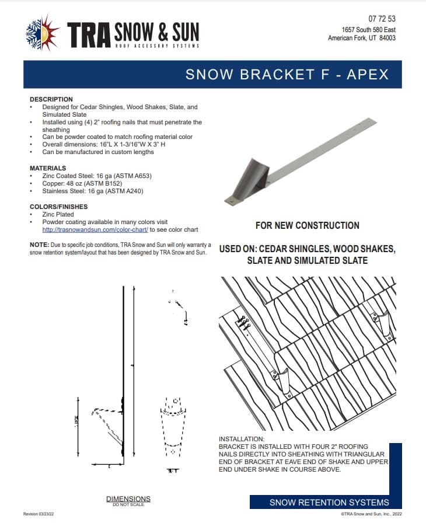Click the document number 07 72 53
tap(382, 19)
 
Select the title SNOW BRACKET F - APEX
tap(287, 75)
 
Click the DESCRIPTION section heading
tap(51, 99)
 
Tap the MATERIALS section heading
tap(50, 168)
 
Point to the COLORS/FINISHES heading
tap(58, 207)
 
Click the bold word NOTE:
tap(39, 245)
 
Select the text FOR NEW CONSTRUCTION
tap(307, 225)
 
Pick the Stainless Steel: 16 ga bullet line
tap(92, 191)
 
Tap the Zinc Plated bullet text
tap(58, 214)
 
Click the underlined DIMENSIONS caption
tap(128, 498)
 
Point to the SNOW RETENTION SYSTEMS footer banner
tap(329, 503)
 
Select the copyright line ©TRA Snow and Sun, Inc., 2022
tap(371, 514)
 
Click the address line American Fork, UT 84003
tap(362, 38)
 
